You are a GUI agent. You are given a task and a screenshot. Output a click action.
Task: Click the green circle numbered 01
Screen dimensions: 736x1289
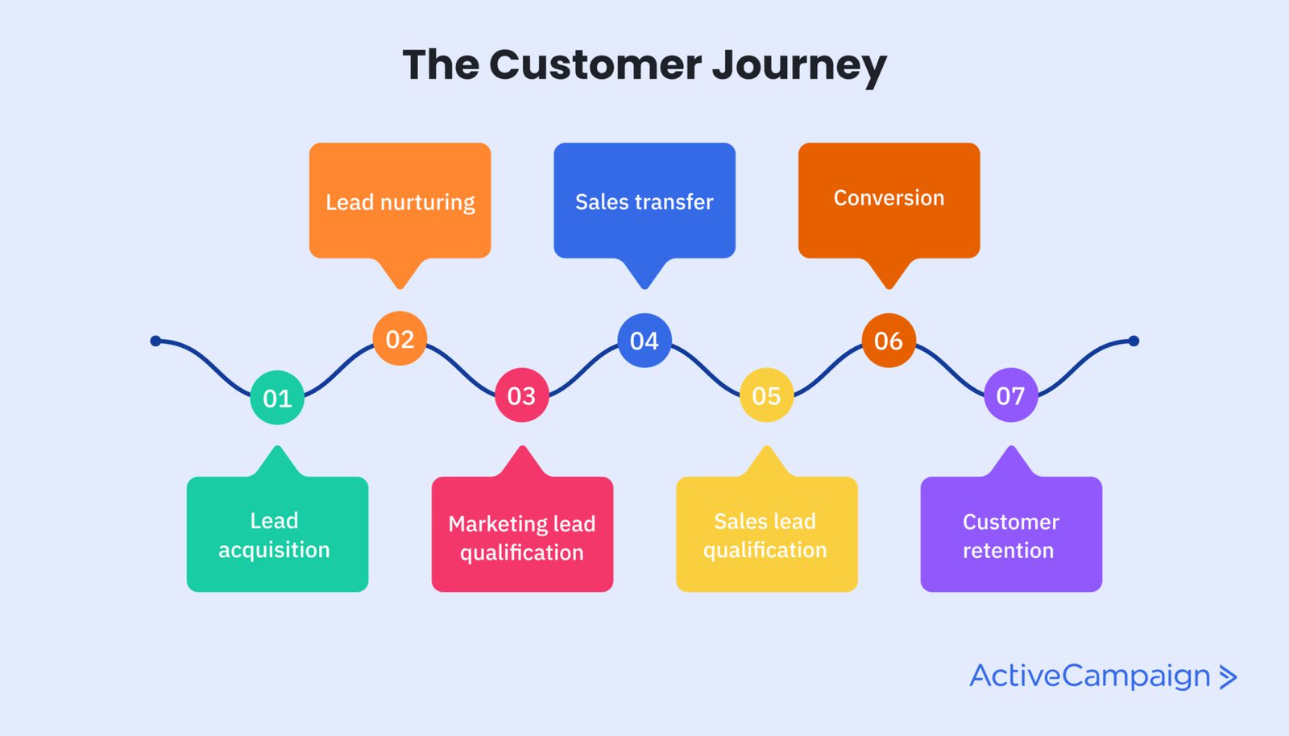tap(277, 398)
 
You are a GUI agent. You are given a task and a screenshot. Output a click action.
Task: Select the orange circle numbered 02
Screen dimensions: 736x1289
tap(400, 339)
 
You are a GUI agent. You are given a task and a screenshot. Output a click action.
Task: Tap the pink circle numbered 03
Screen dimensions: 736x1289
tap(522, 395)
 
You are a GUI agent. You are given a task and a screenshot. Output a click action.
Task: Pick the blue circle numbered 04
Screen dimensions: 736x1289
tap(644, 341)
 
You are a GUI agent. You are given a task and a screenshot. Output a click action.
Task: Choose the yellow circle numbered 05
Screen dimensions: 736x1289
tap(766, 395)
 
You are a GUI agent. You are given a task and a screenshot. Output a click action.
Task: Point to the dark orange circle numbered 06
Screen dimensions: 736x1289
tap(889, 341)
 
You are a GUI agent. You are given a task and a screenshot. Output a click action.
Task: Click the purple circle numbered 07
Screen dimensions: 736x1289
tap(1011, 395)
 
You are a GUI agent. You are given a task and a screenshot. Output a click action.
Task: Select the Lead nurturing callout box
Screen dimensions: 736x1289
tap(400, 201)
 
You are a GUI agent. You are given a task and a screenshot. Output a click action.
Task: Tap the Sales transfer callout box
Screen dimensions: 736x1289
tap(644, 201)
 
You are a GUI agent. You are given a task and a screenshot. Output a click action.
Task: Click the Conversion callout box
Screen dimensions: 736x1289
tap(889, 200)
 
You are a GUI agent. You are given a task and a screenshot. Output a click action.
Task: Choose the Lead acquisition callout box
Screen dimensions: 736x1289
tap(277, 535)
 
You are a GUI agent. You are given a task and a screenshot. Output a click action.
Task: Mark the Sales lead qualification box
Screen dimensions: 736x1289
tap(766, 535)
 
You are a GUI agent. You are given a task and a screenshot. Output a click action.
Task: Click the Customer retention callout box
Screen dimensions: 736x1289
tap(1011, 535)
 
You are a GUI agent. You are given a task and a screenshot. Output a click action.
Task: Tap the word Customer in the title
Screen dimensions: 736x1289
tap(595, 64)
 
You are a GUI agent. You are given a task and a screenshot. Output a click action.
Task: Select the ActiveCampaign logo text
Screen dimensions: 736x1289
tap(1089, 676)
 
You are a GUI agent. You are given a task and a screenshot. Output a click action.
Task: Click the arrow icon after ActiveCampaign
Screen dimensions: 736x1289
tap(1228, 677)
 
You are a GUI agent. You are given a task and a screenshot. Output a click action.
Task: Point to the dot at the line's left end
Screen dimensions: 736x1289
tap(155, 341)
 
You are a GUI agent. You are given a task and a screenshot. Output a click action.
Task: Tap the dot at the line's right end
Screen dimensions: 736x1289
tap(1134, 341)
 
